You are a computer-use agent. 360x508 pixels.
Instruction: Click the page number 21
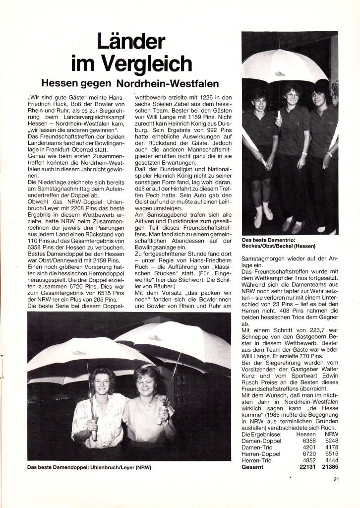(336, 479)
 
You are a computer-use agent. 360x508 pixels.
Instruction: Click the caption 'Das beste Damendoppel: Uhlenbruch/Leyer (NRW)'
(89, 468)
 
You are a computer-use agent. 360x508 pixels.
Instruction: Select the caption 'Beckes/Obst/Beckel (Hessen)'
(281, 246)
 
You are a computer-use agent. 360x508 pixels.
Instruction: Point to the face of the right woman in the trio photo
(319, 97)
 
